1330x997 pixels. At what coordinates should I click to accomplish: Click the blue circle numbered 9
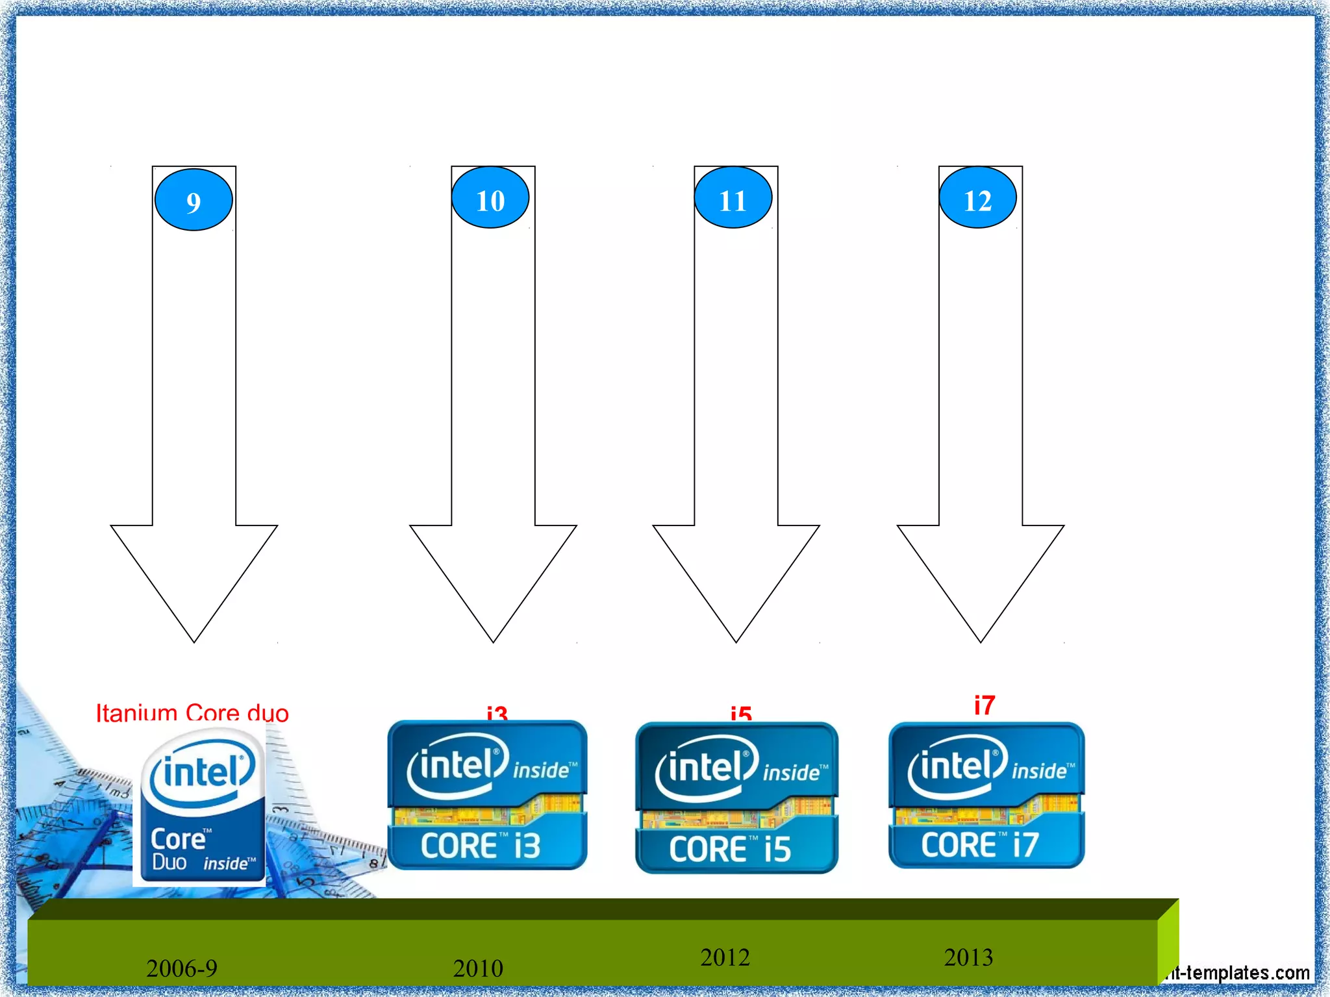point(194,200)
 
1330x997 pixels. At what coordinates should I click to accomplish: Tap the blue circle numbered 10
point(490,198)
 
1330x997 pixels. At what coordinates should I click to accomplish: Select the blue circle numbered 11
point(733,198)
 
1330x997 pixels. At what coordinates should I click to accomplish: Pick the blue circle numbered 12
point(977,198)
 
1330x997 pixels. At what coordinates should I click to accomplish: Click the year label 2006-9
point(182,968)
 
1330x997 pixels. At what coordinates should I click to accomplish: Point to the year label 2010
point(478,968)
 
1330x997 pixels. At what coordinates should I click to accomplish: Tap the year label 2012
point(725,957)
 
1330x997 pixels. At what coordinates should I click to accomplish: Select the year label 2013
point(968,957)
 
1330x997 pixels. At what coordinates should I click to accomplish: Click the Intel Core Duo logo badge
point(202,806)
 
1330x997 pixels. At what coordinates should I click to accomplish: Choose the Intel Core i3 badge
point(487,795)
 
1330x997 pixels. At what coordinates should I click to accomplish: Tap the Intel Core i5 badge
point(736,798)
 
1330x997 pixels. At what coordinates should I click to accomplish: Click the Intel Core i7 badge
point(986,795)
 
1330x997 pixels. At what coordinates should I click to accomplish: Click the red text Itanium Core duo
point(192,713)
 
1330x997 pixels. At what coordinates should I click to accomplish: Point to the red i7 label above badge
point(985,705)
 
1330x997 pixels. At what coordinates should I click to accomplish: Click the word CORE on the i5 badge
point(708,850)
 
